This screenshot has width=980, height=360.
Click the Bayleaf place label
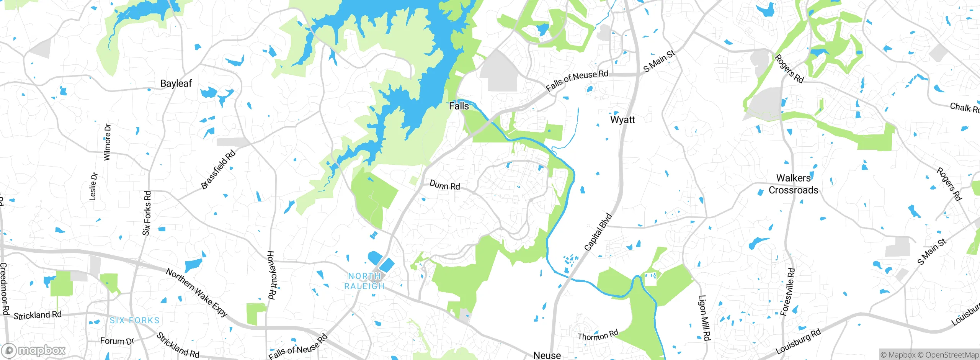click(176, 83)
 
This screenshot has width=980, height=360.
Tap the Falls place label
click(459, 106)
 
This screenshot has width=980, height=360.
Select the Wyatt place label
click(622, 120)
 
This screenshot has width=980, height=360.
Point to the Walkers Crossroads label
click(793, 184)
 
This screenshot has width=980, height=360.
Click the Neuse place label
click(547, 355)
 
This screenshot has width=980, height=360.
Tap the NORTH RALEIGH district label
click(364, 281)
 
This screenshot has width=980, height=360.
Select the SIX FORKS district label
click(134, 321)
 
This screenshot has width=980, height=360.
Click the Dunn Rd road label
click(444, 185)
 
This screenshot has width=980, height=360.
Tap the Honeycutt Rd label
click(271, 275)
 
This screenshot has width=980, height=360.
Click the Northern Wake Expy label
click(197, 292)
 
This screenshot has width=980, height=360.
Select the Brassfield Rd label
click(218, 170)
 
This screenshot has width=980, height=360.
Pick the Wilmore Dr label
click(107, 142)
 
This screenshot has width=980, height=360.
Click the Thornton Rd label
click(598, 335)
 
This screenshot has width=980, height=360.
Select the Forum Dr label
click(117, 341)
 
